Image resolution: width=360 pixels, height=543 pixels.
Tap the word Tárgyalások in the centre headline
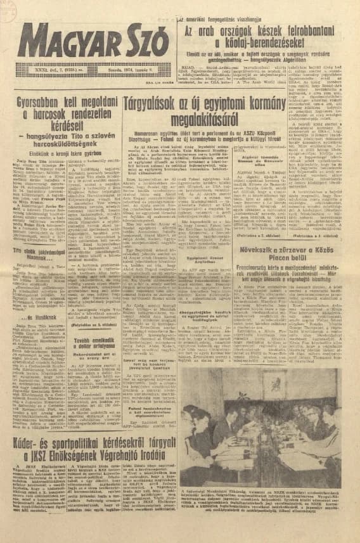(148, 103)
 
